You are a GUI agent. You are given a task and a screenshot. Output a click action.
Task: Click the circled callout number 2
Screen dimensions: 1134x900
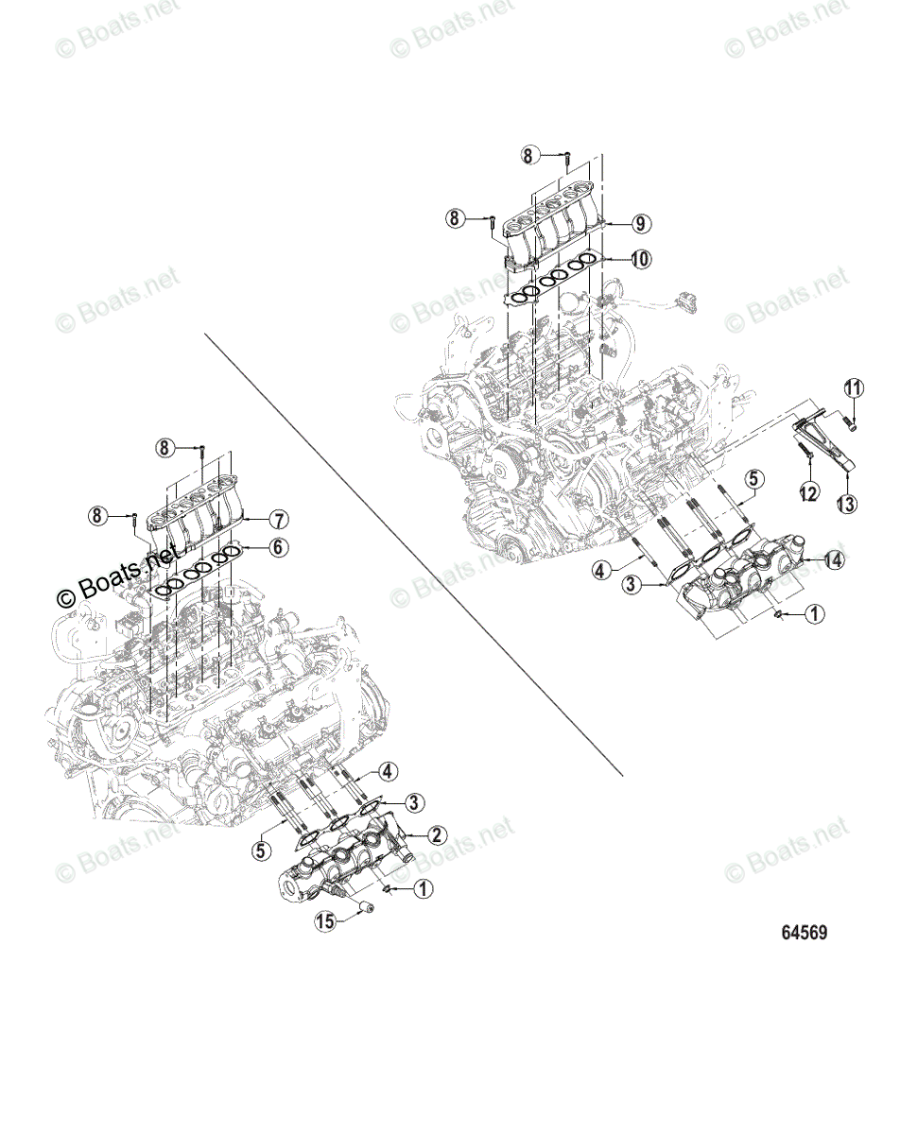pyautogui.click(x=437, y=834)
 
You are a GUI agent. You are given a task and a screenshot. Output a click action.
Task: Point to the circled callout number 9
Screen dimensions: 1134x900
pyautogui.click(x=640, y=224)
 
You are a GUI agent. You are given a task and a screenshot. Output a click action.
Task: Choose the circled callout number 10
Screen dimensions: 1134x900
pyautogui.click(x=640, y=258)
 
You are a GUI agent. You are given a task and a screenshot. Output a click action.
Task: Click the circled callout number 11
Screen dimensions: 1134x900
pyautogui.click(x=854, y=388)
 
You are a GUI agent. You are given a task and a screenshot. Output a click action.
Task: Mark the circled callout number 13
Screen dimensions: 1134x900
pyautogui.click(x=847, y=504)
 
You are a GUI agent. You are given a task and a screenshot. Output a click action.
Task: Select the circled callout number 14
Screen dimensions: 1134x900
pyautogui.click(x=832, y=560)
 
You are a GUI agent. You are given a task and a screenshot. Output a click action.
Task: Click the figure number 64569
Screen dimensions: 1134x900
pyautogui.click(x=805, y=933)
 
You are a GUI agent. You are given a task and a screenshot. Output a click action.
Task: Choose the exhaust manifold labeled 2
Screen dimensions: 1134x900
pyautogui.click(x=345, y=860)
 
